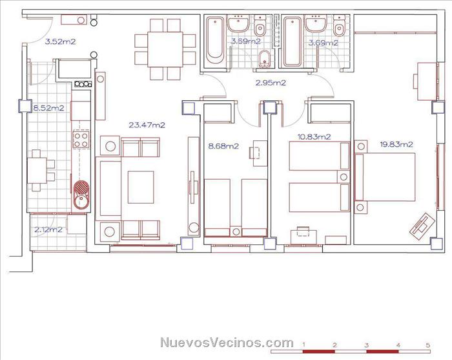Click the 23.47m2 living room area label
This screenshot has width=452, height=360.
[147, 125]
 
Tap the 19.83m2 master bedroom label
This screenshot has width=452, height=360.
[396, 144]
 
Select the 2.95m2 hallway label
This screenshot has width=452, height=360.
[271, 83]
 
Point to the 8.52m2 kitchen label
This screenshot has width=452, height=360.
[48, 108]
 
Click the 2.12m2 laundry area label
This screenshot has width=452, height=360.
[48, 229]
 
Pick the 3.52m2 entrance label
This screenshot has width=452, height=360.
[60, 41]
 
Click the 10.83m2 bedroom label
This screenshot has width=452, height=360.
[314, 137]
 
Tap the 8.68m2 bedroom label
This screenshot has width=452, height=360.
[223, 146]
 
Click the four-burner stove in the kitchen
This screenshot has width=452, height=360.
[81, 140]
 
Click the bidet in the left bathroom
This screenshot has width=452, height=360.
[265, 59]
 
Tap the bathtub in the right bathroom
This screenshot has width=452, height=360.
[293, 41]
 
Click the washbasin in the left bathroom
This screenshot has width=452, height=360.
[238, 24]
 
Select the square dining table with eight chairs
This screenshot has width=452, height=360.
[165, 49]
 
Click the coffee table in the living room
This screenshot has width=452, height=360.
[141, 187]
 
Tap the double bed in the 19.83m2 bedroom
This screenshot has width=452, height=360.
[385, 177]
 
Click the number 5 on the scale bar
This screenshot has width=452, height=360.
[427, 345]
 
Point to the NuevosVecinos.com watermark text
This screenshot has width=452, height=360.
[227, 343]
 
